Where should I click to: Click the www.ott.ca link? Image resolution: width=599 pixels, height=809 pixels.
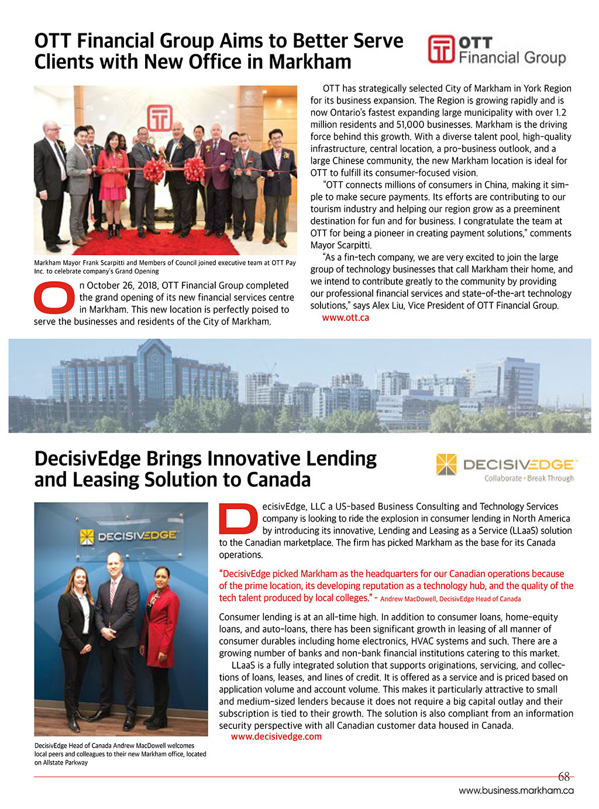coord(345,318)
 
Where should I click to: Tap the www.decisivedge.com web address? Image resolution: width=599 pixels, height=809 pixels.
coord(276,737)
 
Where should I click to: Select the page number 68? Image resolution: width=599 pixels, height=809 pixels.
coord(564,777)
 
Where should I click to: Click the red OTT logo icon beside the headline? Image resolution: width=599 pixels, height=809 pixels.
coord(441,50)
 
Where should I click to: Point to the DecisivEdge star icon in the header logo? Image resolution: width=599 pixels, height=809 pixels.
coord(446,465)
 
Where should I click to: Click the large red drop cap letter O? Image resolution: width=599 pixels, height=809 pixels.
coord(54,298)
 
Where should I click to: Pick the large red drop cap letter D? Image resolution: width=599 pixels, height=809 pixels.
coord(237,518)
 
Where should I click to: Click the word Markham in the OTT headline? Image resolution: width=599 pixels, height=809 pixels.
coord(310,62)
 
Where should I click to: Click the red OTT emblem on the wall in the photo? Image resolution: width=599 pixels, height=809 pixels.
coord(159,117)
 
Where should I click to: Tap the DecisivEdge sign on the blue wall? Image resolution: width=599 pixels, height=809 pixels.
coord(129,536)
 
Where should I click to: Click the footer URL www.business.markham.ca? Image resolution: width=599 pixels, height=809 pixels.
coord(516,791)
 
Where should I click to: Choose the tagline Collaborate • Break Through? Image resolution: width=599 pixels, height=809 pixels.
coord(529,478)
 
